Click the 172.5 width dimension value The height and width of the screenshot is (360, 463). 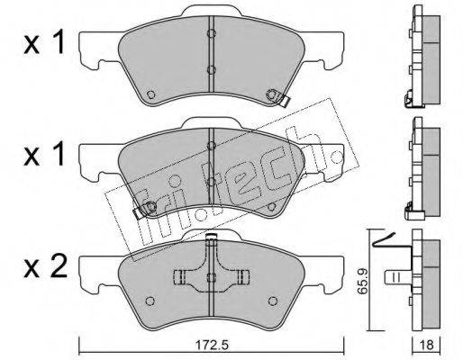click(x=213, y=345)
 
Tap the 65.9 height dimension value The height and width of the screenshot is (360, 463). click(x=364, y=281)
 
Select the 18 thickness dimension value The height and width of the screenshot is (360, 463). click(x=428, y=345)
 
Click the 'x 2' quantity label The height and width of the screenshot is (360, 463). click(x=45, y=267)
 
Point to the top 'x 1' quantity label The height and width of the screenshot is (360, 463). click(x=44, y=42)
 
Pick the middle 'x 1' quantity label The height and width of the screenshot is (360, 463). click(x=44, y=154)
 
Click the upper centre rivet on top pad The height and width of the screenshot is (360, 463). click(x=212, y=33)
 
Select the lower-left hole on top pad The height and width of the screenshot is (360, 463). click(x=151, y=94)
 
